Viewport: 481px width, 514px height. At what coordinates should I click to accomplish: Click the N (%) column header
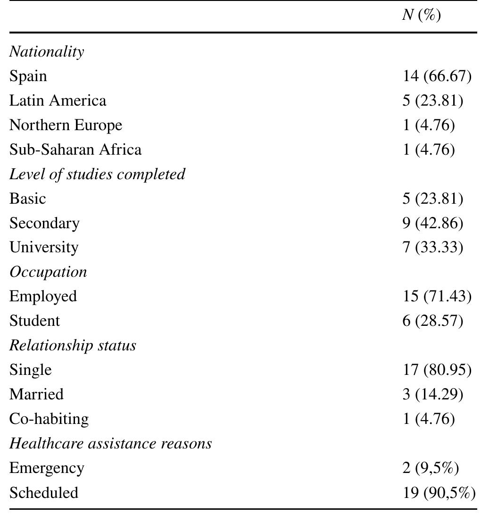421,16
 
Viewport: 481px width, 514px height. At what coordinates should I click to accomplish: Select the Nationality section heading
47,51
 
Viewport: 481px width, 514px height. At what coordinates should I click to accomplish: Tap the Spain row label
28,76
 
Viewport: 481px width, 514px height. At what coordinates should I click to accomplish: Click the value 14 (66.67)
437,76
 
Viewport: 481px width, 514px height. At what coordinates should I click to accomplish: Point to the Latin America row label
58,100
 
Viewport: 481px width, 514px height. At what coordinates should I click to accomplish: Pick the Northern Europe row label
66,125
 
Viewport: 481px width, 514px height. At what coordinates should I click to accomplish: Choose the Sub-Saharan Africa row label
75,149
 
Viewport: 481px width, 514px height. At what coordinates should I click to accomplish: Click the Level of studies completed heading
97,174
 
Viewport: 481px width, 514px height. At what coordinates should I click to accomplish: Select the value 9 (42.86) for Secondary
433,223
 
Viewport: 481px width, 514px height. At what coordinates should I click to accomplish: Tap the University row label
44,248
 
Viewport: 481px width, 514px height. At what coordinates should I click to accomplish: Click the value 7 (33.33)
433,248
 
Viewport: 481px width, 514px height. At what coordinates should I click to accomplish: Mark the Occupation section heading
48,272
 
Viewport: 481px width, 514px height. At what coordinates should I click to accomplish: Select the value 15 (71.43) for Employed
437,297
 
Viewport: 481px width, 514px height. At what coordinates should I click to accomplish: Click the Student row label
34,321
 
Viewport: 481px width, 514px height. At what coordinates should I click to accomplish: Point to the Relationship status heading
73,346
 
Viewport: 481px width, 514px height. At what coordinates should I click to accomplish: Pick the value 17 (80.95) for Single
437,370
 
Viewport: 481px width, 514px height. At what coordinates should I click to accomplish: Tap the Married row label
36,395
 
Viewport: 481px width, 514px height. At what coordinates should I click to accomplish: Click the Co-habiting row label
49,419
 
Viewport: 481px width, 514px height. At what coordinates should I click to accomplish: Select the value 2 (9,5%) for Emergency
431,468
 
